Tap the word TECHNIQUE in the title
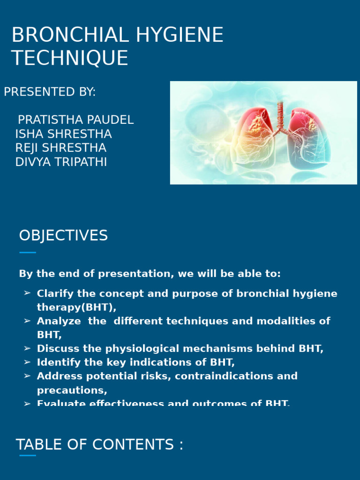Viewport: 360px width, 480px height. (x=70, y=58)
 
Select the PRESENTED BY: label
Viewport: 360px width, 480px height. (x=50, y=92)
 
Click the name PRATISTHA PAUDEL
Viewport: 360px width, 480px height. (x=75, y=120)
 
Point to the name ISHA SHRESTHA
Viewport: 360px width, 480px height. (x=63, y=134)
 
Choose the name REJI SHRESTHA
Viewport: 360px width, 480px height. (x=60, y=148)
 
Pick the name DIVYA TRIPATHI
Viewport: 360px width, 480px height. (x=61, y=162)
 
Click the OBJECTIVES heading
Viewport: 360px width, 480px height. (x=63, y=236)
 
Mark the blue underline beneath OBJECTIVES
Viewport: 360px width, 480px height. (x=28, y=253)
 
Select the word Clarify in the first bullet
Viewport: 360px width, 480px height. (x=52, y=294)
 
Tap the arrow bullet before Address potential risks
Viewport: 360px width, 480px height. (x=27, y=376)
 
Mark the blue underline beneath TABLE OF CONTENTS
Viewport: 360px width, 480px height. (x=28, y=455)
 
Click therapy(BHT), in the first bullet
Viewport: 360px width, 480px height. (x=76, y=307)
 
